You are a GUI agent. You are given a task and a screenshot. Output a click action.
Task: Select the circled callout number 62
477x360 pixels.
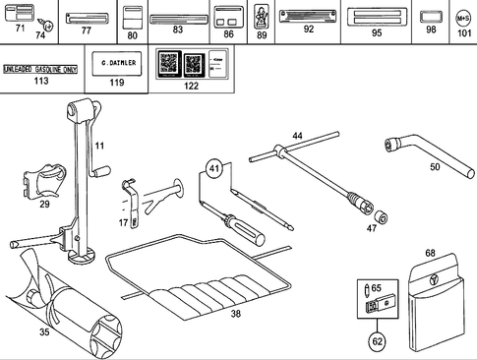point(378,341)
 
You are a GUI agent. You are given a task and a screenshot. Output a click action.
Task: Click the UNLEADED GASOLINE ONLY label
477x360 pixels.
point(39,70)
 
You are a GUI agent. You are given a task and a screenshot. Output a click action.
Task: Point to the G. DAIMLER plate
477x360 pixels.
point(118,64)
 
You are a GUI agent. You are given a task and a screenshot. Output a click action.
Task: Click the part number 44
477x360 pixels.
point(298,136)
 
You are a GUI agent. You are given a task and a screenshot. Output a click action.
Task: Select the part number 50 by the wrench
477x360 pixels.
point(435,167)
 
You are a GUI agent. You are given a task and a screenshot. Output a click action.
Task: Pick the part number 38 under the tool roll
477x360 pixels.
point(235,314)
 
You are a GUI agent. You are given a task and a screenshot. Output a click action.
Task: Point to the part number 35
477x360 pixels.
point(43,332)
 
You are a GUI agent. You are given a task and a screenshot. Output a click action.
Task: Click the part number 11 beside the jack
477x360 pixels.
point(98,146)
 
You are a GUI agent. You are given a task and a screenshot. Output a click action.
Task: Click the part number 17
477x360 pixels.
point(124,223)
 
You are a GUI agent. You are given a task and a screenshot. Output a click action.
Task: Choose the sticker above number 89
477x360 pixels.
point(262,16)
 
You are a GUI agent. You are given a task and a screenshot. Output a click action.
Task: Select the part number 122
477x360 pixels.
point(191,86)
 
